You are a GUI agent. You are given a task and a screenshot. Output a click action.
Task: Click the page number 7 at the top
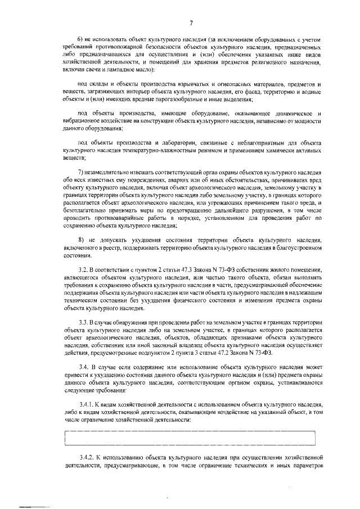tap(191, 23)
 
